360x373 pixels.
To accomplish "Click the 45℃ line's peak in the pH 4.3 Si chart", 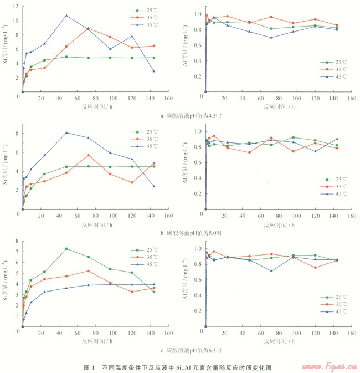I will (66, 15).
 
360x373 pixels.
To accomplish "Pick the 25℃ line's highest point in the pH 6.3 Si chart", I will (66, 248).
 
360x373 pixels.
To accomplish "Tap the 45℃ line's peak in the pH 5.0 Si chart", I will (66, 132).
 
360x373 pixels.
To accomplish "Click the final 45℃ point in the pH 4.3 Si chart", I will (153, 71).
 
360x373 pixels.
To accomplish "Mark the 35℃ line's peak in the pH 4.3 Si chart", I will (89, 28).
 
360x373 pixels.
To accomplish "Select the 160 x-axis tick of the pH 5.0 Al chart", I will (351, 216).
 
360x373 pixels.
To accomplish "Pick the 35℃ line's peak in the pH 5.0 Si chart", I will (88, 155).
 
